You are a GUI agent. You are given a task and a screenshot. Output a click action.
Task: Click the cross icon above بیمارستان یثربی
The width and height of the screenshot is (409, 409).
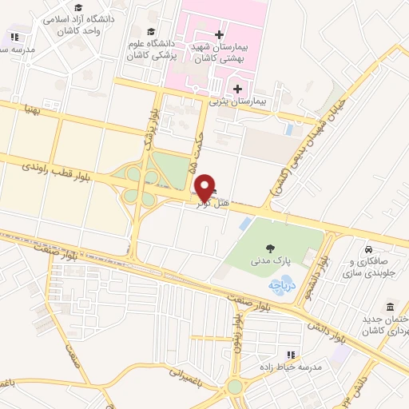[237, 88]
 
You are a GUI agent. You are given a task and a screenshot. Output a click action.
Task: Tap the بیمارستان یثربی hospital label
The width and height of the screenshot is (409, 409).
[237, 101]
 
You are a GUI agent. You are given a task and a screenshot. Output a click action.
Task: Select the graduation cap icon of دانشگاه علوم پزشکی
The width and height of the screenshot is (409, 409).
[152, 31]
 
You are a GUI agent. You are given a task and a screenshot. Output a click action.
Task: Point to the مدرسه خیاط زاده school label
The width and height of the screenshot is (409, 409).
[293, 366]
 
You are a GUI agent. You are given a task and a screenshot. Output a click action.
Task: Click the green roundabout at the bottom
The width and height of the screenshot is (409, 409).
[234, 387]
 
